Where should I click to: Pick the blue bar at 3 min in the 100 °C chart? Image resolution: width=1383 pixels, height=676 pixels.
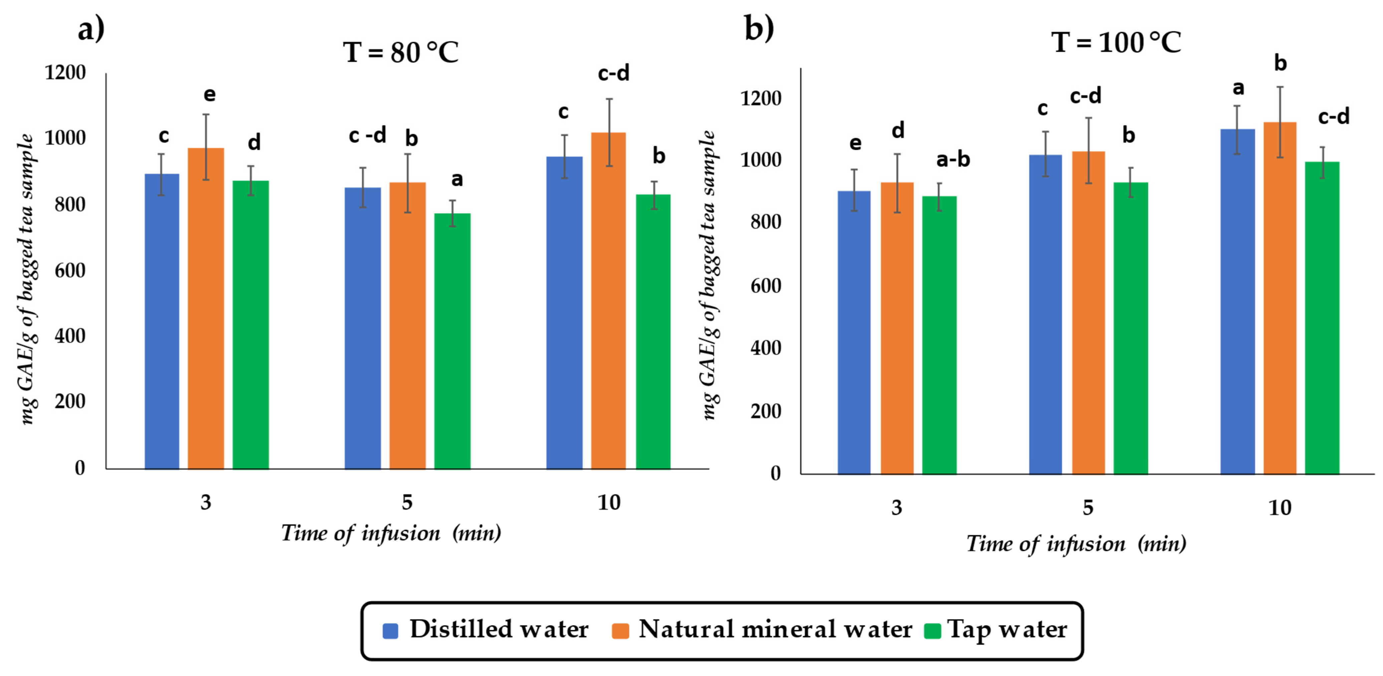tap(854, 333)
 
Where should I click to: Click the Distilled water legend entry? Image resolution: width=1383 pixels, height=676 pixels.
tap(486, 629)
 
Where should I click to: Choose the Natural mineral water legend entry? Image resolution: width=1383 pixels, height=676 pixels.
tap(762, 629)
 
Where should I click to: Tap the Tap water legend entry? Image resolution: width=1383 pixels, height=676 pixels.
tap(996, 629)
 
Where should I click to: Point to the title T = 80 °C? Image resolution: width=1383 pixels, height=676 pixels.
tap(401, 53)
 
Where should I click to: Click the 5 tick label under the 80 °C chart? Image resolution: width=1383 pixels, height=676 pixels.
tap(407, 502)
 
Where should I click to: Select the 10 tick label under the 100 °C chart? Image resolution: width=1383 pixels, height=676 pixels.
tap(1279, 508)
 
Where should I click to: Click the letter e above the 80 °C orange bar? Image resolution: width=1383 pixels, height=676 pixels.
tap(209, 95)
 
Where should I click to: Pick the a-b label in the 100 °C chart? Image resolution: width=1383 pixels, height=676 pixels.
tap(953, 159)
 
